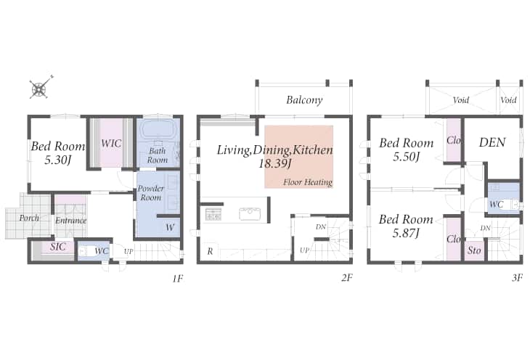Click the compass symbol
click(40, 89)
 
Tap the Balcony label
click(304, 100)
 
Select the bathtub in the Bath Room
click(158, 130)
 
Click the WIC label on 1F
click(111, 143)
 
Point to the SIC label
click(58, 247)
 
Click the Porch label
click(29, 218)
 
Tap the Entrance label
click(70, 221)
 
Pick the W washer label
click(170, 227)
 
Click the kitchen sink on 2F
click(250, 214)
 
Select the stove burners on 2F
click(213, 214)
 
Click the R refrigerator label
click(211, 251)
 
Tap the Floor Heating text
click(308, 182)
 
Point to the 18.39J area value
click(275, 164)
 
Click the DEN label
click(492, 142)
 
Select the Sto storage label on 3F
click(474, 250)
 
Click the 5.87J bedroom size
click(406, 233)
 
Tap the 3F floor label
click(517, 278)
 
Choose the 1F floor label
click(178, 279)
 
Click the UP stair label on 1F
click(129, 252)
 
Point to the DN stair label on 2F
click(321, 227)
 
